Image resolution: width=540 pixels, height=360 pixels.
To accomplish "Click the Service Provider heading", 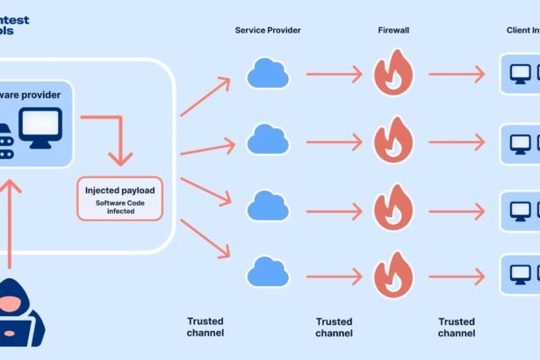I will [268, 30].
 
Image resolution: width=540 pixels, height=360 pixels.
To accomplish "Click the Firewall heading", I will [392, 30].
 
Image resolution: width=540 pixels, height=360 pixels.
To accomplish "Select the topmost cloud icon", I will [268, 74].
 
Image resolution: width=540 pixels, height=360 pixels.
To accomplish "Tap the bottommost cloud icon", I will [268, 271].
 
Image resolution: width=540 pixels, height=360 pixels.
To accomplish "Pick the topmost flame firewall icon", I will [393, 74].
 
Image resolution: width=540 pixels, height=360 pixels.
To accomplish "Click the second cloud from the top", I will [268, 139].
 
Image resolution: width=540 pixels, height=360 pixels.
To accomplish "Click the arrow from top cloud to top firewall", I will [334, 75].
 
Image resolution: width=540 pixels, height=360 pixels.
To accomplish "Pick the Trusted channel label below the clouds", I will [205, 328].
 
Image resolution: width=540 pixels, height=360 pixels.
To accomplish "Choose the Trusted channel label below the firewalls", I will [334, 328].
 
